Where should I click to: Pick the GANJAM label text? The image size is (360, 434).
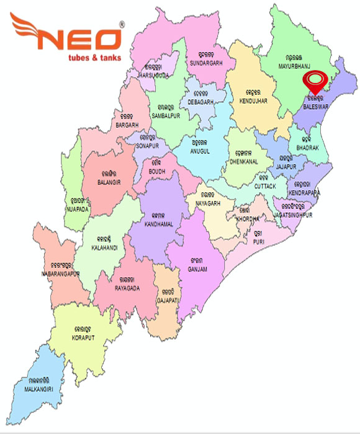(x=197, y=269)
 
